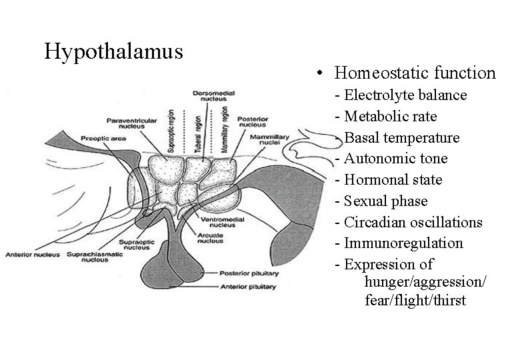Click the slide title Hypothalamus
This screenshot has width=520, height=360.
coord(113,51)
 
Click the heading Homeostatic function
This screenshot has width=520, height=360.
coord(415,72)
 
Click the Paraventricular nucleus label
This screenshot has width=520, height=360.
coord(131,123)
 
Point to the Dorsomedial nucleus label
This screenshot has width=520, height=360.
coord(210,95)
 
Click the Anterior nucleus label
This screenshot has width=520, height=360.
coord(29,254)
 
